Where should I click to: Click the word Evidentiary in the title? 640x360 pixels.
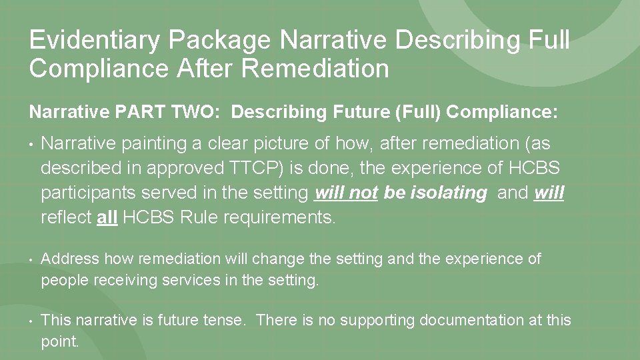point(93,40)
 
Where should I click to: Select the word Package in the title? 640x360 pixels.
point(217,40)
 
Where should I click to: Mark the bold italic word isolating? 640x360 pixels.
point(449,193)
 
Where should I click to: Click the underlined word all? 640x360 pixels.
point(107,217)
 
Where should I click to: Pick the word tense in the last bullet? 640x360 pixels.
point(225,320)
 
